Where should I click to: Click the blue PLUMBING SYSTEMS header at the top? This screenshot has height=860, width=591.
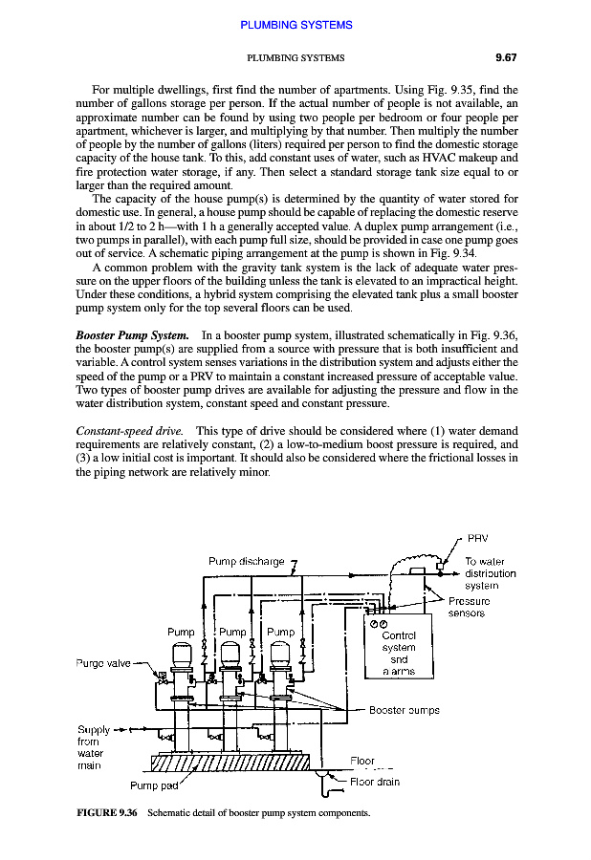point(295,24)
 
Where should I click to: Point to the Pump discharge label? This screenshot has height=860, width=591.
point(247,561)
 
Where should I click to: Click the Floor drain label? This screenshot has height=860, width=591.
point(375,782)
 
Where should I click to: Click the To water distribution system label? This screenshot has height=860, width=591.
point(490,573)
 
